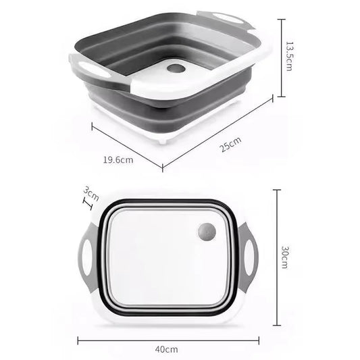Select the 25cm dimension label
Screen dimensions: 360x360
tap(229, 143)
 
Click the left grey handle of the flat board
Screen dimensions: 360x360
tap(89, 254)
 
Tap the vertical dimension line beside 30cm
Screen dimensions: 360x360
tap(276, 259)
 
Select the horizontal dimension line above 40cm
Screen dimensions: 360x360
tap(169, 338)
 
